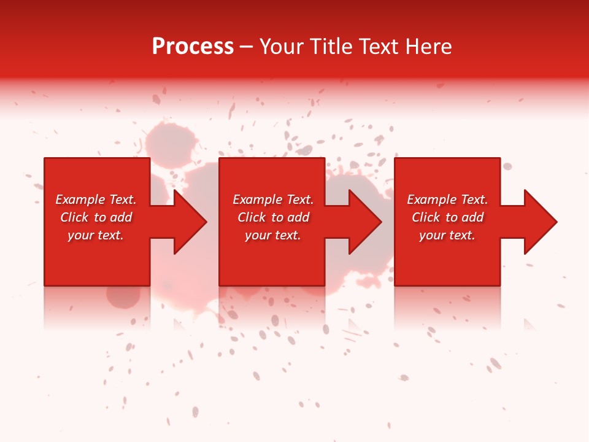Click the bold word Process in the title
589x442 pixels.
193,47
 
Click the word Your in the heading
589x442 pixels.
283,47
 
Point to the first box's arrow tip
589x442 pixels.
206,222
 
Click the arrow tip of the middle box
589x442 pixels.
380,222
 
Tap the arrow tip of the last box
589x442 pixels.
555,222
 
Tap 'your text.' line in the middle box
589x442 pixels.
272,235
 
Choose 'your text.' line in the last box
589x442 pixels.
447,235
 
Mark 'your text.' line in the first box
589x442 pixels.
95,235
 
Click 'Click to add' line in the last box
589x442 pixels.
447,217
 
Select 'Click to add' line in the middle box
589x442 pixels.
273,217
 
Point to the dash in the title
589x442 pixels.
247,47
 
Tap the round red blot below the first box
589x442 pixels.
123,296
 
